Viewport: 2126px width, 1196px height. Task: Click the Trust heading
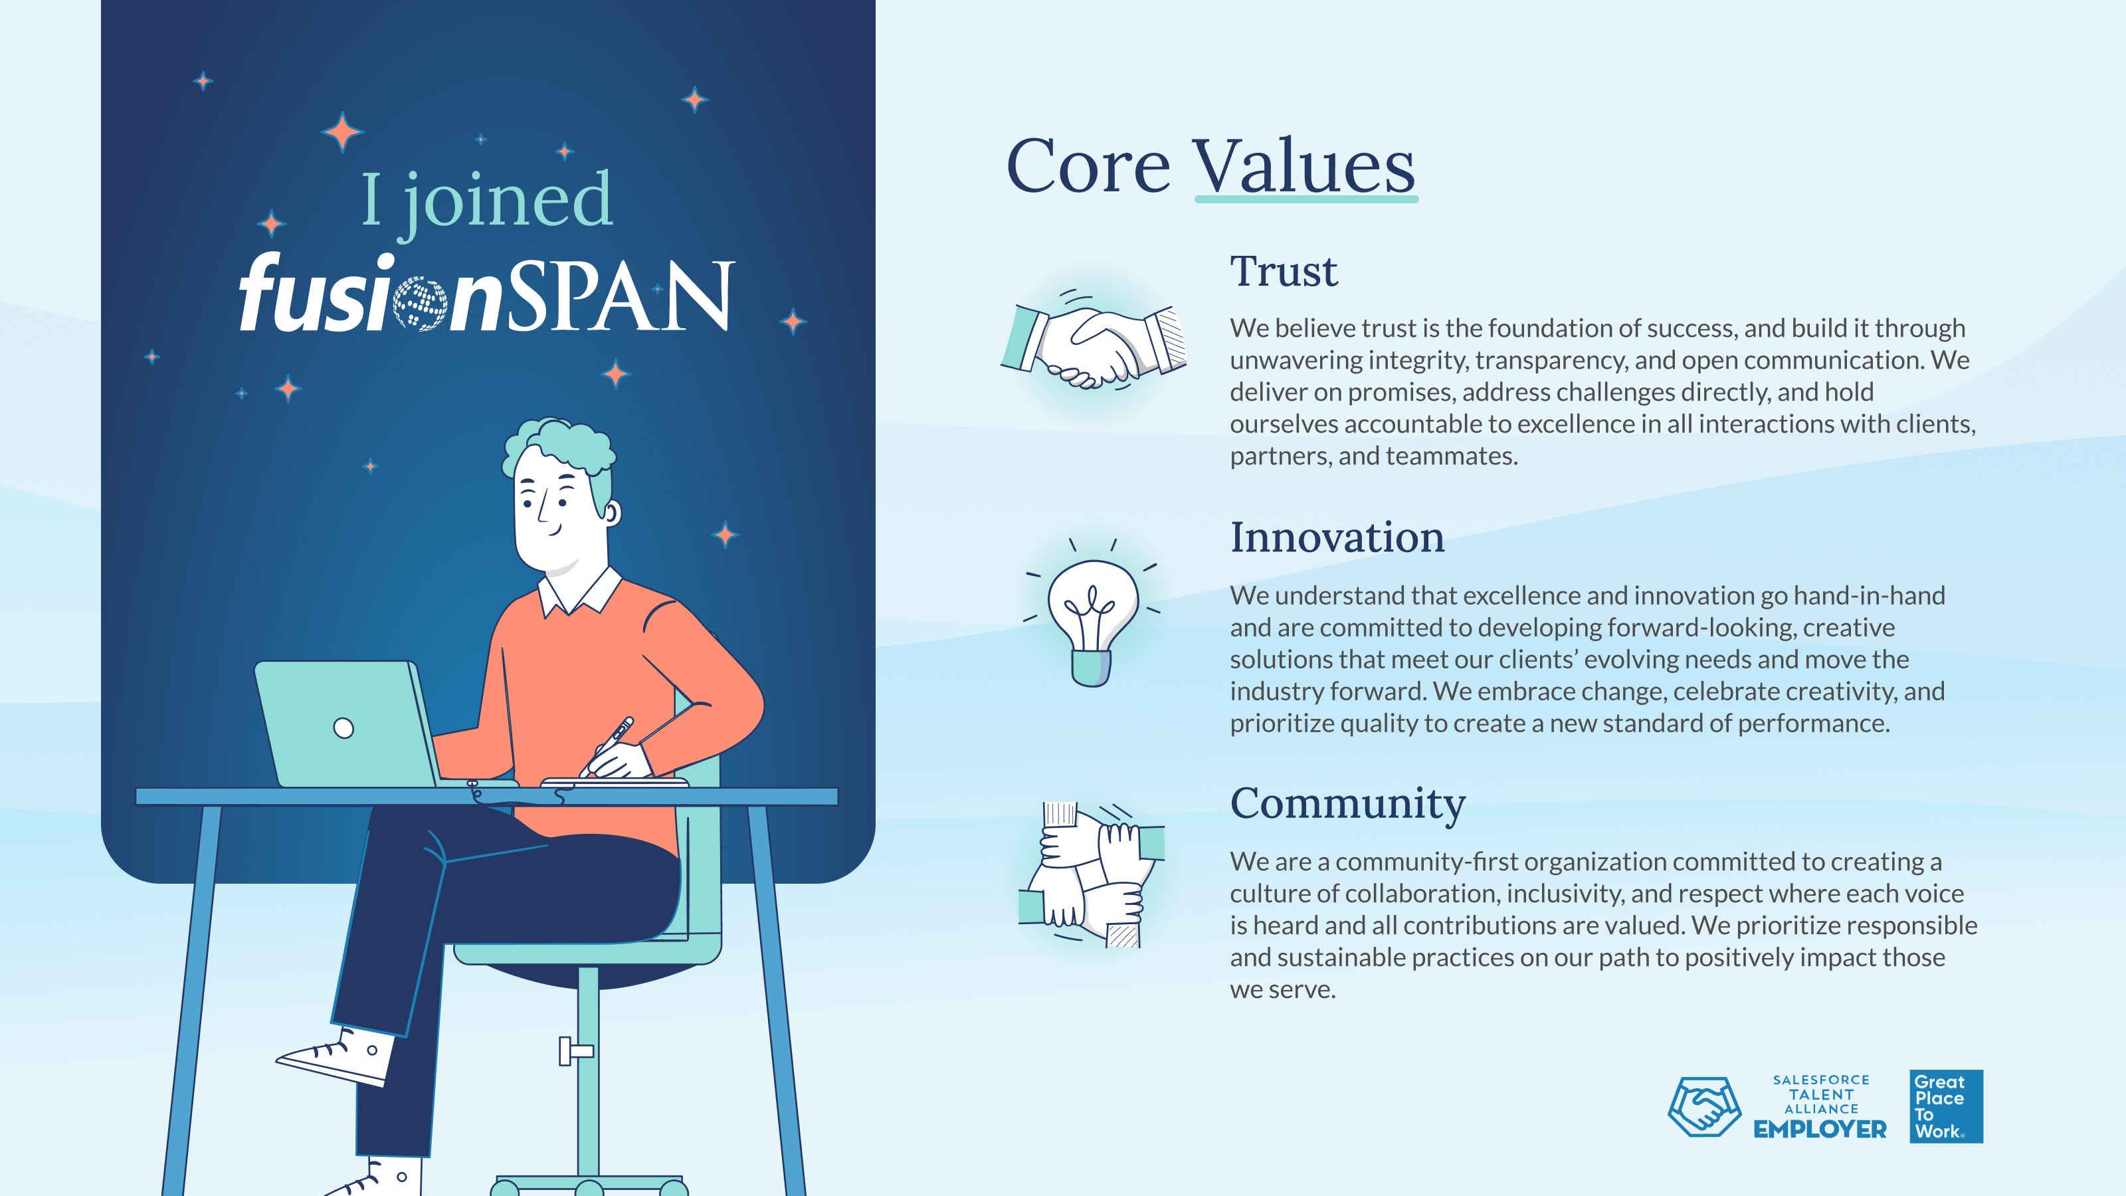click(x=1284, y=272)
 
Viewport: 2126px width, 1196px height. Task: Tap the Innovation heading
click(x=1337, y=538)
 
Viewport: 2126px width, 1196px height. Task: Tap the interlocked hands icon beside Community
click(x=1091, y=875)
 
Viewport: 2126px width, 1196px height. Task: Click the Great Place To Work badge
click(x=1946, y=1106)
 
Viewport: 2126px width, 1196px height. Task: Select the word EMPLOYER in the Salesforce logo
click(x=1820, y=1129)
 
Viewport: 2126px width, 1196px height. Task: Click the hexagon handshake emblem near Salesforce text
click(x=1704, y=1107)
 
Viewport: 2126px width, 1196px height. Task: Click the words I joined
click(x=487, y=201)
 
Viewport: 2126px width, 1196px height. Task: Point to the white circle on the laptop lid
click(x=343, y=728)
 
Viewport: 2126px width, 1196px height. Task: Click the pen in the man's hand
click(x=607, y=746)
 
